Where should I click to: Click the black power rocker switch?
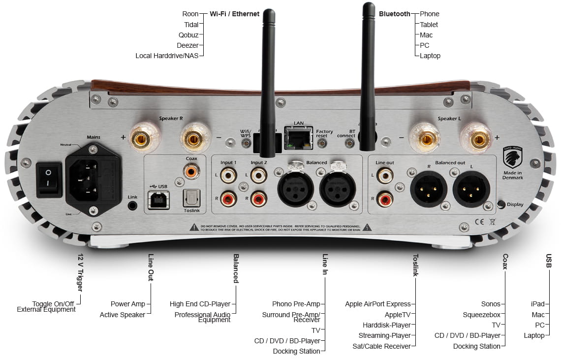(49, 180)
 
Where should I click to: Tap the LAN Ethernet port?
(299, 138)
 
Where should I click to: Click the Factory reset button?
(323, 143)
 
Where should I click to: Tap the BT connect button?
(350, 143)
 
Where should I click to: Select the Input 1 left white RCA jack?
(229, 175)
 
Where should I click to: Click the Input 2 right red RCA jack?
(258, 199)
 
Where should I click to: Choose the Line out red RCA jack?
(384, 199)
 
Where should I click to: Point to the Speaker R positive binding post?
(140, 137)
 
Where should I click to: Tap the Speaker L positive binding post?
(477, 138)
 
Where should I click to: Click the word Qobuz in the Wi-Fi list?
(188, 35)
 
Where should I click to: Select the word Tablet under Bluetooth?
(429, 25)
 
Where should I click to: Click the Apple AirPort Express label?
(377, 304)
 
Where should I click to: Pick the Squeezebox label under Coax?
(481, 315)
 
